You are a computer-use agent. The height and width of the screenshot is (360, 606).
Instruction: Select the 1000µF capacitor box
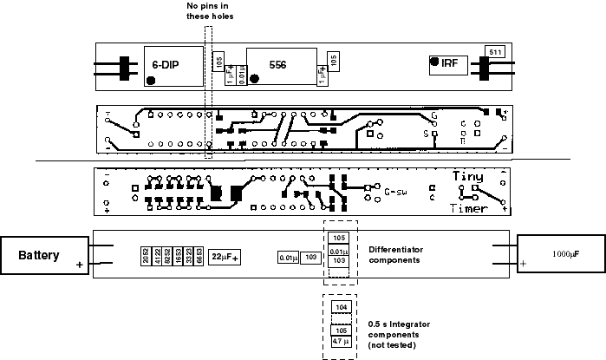click(559, 255)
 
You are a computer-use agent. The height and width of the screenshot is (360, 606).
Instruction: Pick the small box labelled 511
click(495, 52)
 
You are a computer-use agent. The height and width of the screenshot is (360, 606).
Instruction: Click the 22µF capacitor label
click(225, 257)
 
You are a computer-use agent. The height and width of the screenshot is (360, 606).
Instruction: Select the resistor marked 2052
click(146, 256)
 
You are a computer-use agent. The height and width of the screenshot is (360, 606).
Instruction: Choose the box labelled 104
click(340, 306)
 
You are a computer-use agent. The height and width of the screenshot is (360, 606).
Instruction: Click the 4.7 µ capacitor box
click(340, 343)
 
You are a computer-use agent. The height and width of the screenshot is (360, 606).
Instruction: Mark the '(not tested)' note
click(394, 345)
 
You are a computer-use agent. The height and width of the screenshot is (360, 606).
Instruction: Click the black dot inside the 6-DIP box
click(153, 80)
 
